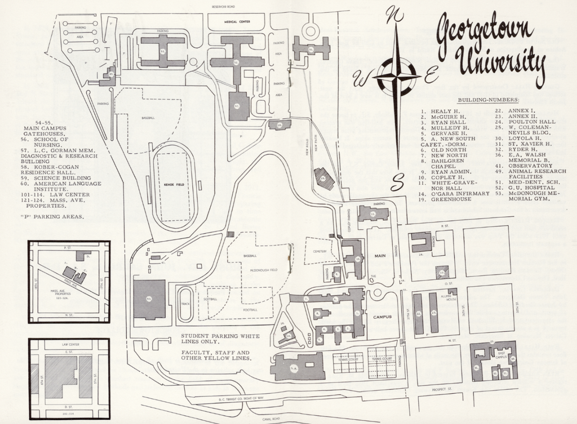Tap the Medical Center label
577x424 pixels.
(x=237, y=22)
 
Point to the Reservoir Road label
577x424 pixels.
(x=223, y=7)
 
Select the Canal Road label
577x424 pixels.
(x=271, y=419)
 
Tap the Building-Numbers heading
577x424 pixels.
(x=488, y=100)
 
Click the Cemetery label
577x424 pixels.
(x=320, y=251)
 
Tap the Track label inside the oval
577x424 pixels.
(x=186, y=304)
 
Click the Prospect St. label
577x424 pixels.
(x=441, y=389)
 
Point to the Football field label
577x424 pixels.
(x=250, y=310)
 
